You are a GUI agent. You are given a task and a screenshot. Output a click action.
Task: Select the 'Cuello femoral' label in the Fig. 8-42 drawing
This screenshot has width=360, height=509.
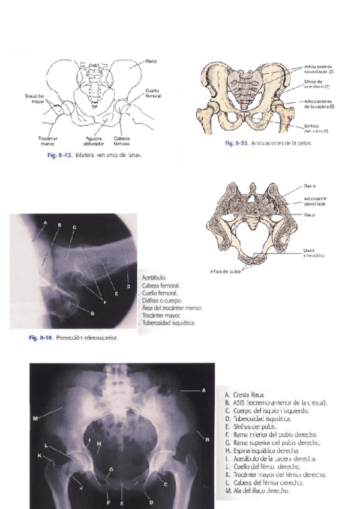click(153, 93)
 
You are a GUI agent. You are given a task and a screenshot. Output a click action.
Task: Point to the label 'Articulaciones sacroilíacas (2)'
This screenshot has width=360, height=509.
click(319, 69)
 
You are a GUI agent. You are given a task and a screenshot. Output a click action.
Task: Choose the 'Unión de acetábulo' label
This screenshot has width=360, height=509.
click(313, 85)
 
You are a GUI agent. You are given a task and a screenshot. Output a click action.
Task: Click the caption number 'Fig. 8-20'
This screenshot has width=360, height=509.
click(236, 143)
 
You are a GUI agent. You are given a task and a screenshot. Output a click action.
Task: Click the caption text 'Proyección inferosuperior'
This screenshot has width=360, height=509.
click(87, 338)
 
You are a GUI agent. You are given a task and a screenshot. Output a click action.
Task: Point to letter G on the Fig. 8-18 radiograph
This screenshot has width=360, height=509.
click(92, 313)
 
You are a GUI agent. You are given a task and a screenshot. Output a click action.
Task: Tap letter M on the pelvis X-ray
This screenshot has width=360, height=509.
click(35, 418)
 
